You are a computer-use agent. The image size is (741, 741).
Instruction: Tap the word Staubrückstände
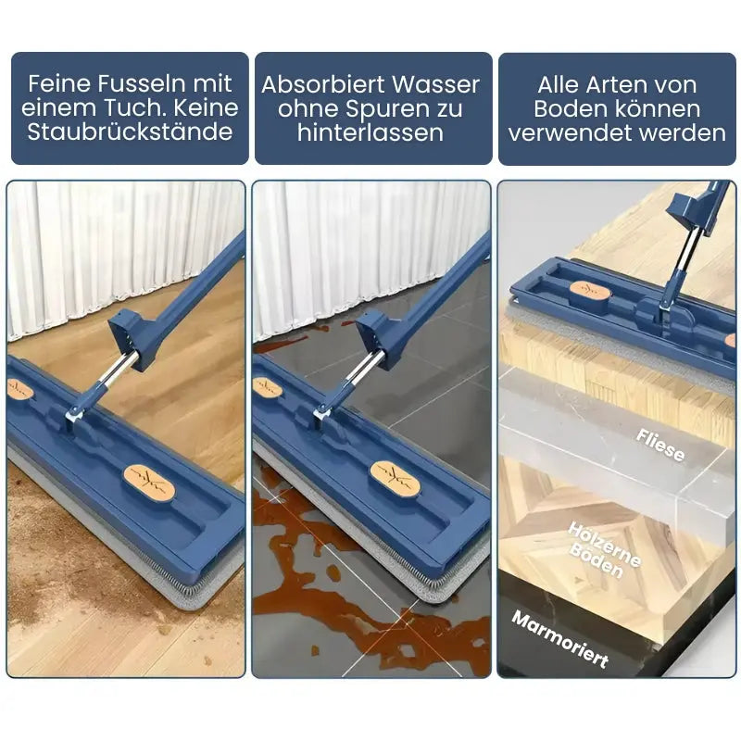point(130,132)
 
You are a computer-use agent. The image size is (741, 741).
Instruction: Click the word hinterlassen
point(370,132)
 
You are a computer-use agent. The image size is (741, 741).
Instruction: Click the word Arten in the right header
point(611,84)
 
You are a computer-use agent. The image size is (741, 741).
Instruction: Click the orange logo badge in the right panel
point(589,291)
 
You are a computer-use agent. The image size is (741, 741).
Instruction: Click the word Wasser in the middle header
point(439,84)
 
